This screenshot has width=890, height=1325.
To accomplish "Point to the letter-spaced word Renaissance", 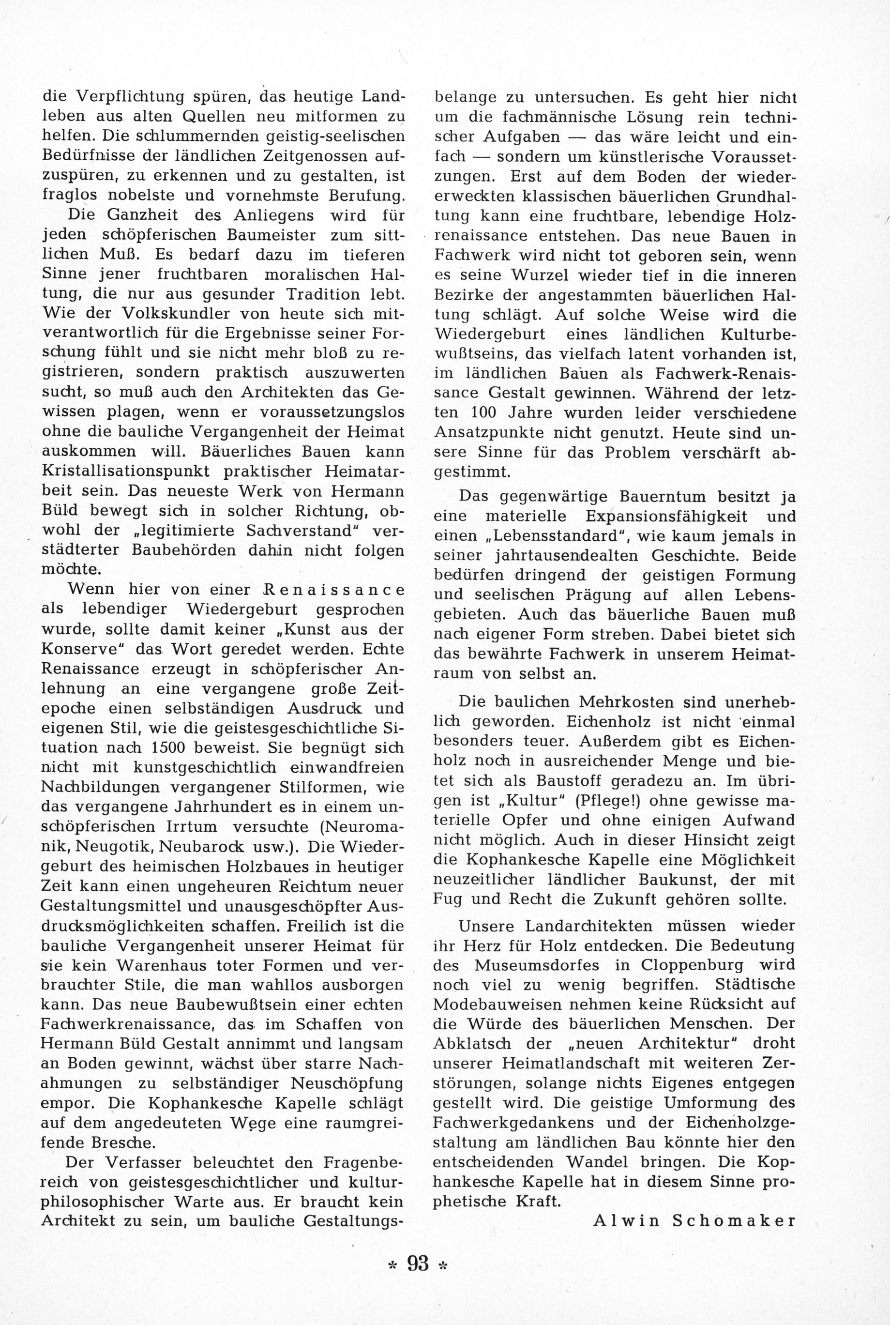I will point(335,589).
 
